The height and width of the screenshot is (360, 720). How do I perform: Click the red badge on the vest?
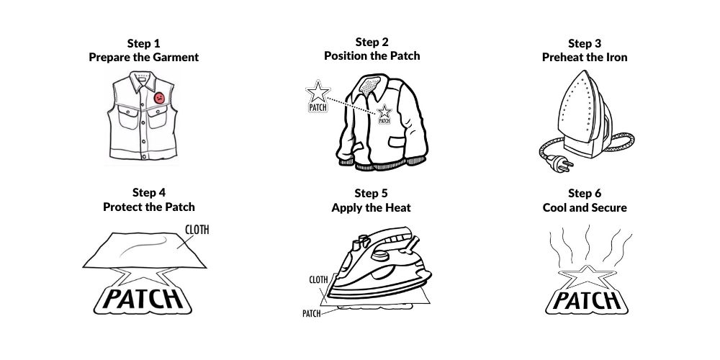(x=159, y=98)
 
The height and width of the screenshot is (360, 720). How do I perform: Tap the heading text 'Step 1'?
(x=144, y=44)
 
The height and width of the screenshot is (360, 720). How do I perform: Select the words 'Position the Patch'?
(x=372, y=56)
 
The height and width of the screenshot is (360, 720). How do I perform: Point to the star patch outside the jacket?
(x=318, y=96)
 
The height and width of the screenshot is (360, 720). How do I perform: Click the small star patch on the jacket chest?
(x=384, y=114)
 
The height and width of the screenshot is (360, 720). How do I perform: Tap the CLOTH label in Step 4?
(x=197, y=230)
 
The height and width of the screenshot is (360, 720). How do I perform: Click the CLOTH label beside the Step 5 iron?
(x=318, y=279)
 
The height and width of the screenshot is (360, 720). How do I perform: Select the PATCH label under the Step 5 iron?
(x=311, y=314)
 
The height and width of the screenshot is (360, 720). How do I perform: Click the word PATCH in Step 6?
(x=586, y=301)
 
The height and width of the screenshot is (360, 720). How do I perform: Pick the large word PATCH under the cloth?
(x=143, y=299)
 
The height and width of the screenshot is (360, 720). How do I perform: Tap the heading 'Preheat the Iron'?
(x=585, y=58)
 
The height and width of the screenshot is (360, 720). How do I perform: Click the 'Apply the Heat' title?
(x=371, y=208)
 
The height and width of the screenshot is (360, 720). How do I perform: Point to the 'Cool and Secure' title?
(x=585, y=208)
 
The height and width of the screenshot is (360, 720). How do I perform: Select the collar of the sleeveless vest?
(x=143, y=81)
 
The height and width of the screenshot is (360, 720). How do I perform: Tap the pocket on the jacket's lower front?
(x=397, y=141)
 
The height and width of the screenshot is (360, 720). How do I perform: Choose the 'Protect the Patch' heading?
(x=149, y=207)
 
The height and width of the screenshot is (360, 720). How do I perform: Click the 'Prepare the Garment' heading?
(x=144, y=58)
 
